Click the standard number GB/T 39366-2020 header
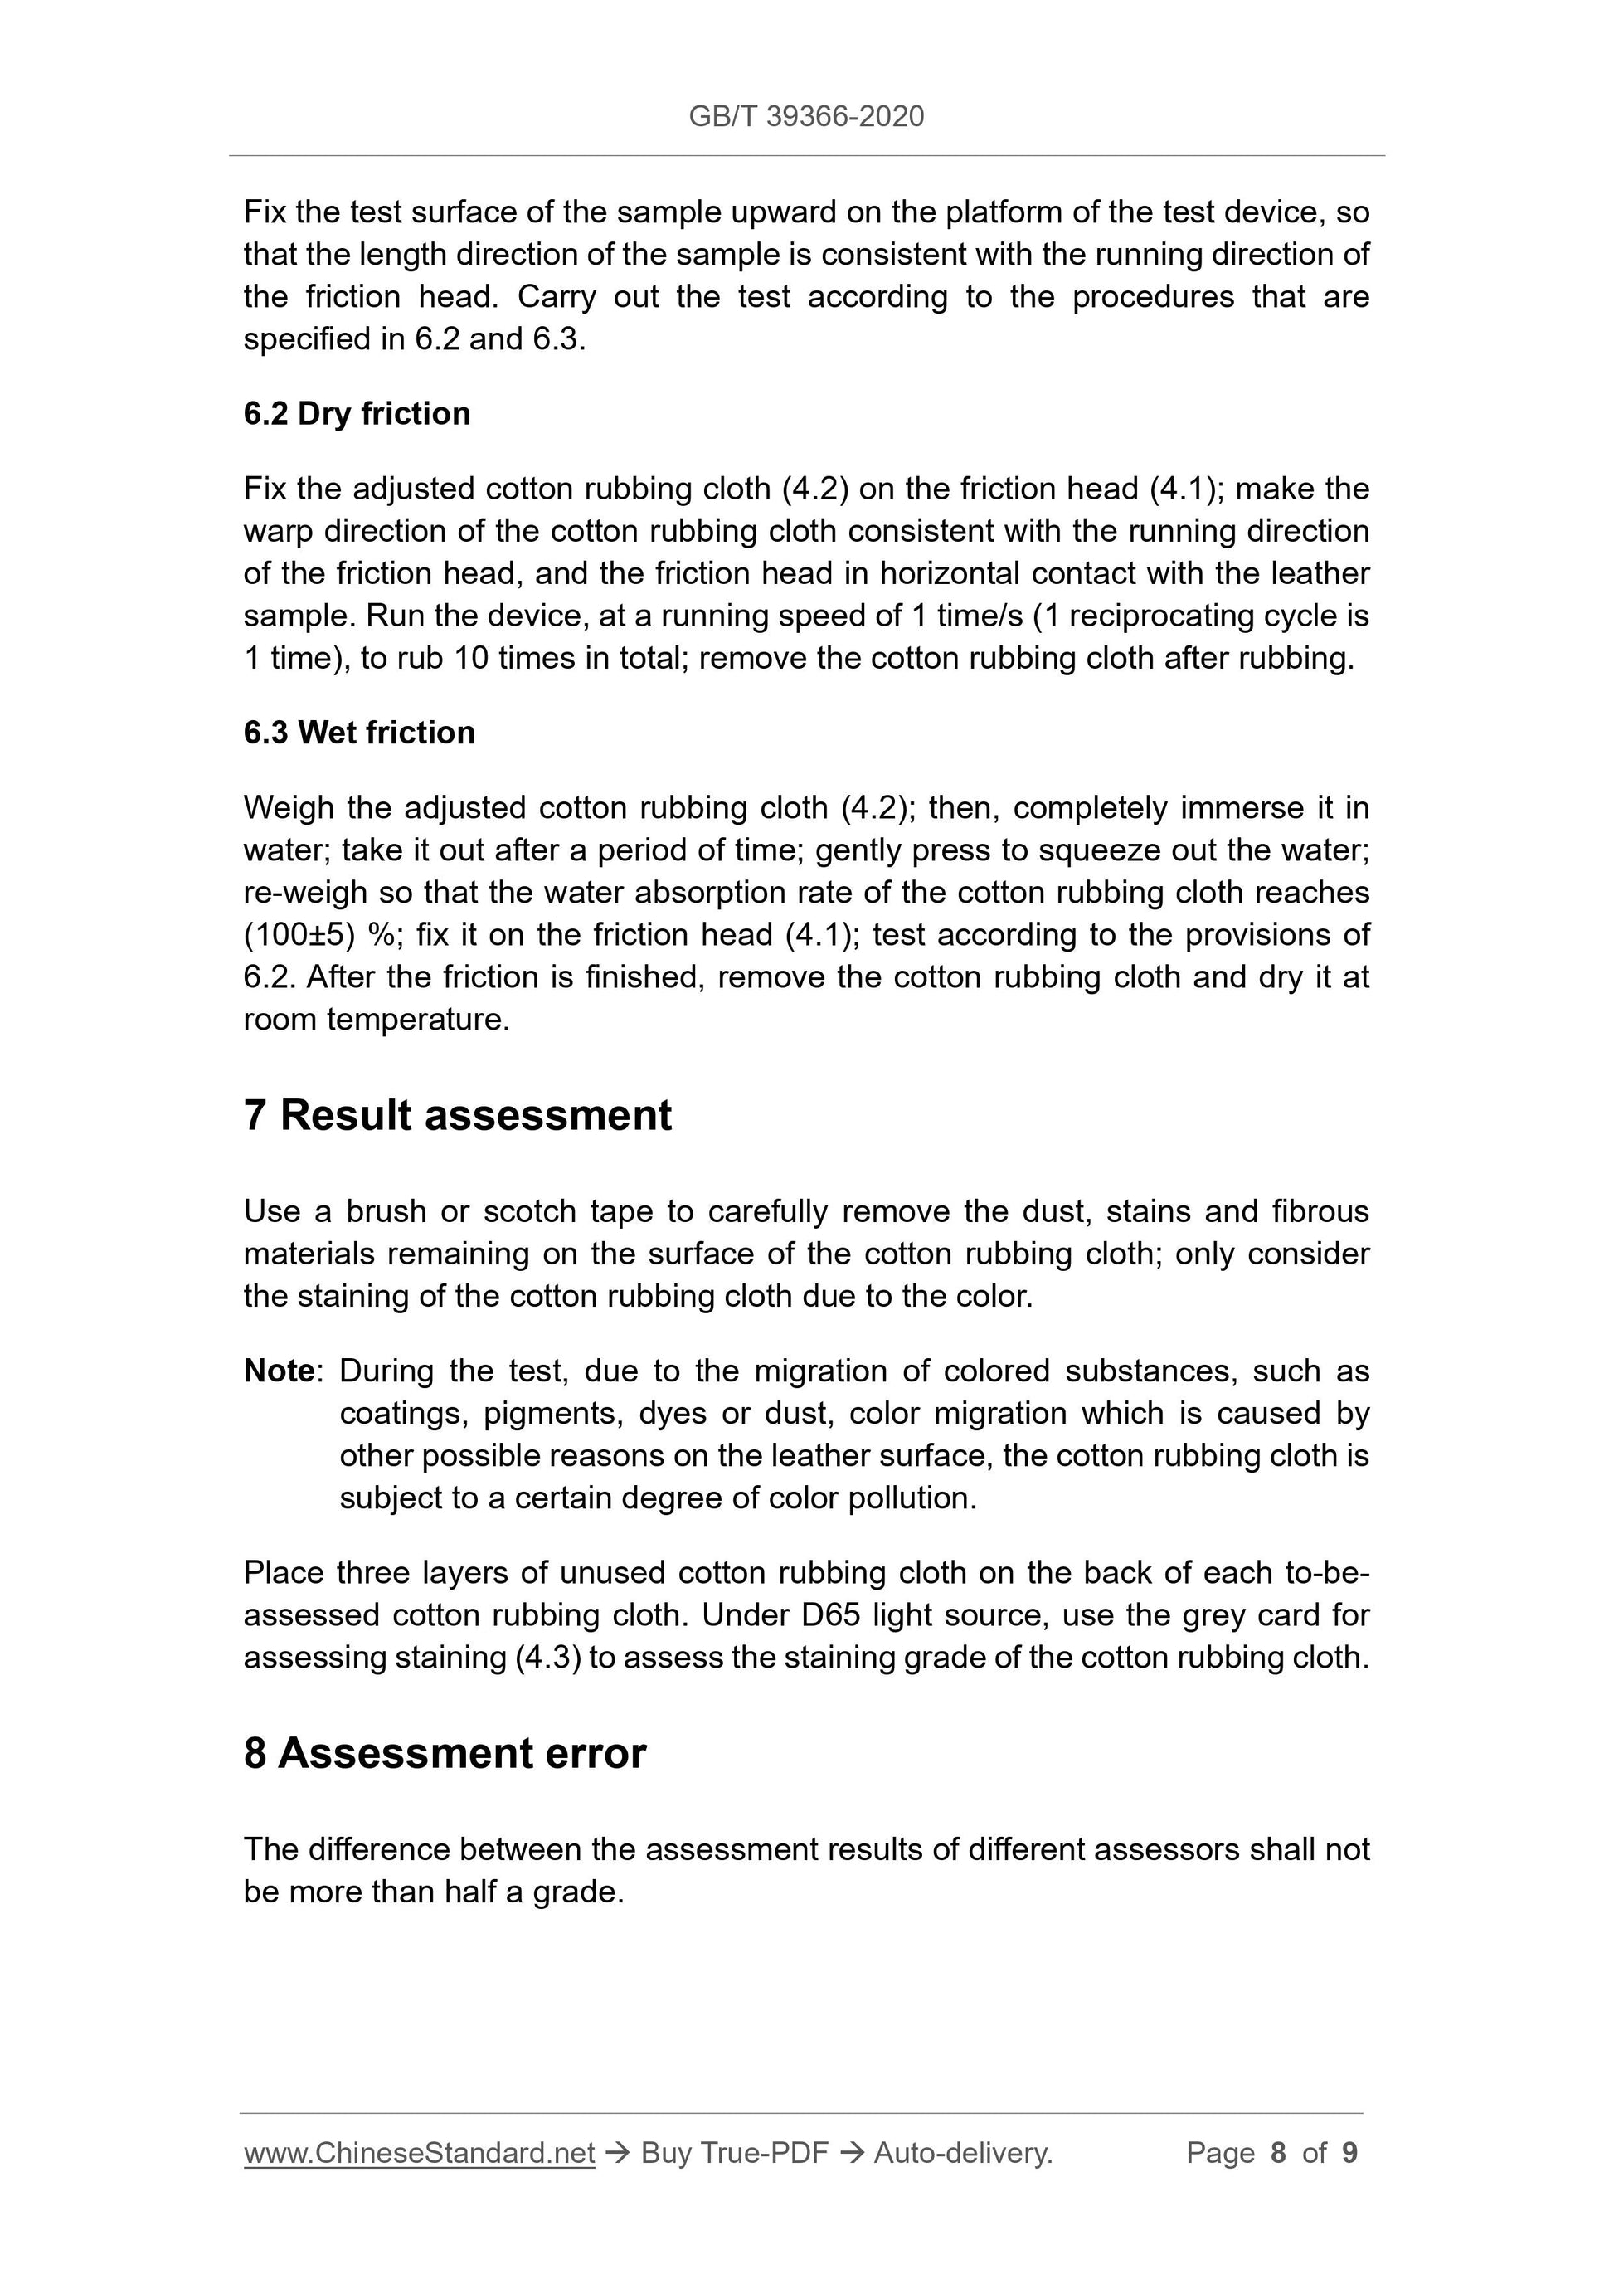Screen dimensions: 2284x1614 (805, 116)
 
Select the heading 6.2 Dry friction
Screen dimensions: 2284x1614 (357, 413)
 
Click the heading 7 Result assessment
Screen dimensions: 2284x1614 (458, 1115)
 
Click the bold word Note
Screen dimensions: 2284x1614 (280, 1371)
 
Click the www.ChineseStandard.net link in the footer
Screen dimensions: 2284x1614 (419, 2153)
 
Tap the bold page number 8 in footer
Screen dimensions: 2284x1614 (1278, 2153)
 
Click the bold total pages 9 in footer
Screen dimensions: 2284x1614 (1349, 2153)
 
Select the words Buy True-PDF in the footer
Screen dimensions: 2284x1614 (734, 2153)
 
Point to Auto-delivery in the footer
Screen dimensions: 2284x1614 (963, 2153)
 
